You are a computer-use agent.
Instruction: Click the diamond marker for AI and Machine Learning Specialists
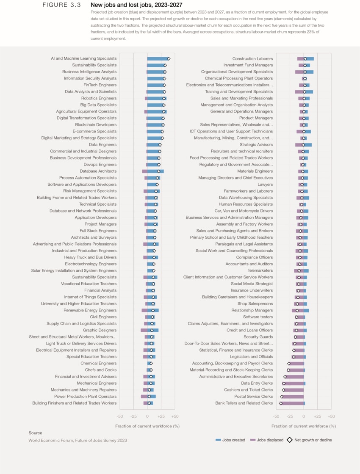169,59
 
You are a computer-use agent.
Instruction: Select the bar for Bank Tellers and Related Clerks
292,403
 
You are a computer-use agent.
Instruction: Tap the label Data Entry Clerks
257,383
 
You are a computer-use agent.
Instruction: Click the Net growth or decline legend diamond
290,440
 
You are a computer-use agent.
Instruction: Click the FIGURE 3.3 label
61,5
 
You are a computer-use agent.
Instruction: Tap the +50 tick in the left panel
175,417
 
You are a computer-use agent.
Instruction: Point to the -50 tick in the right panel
276,417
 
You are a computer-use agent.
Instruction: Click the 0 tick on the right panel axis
304,417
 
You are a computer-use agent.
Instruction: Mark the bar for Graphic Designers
150,330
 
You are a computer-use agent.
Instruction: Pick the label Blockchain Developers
96,125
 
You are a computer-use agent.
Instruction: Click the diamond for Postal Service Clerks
282,397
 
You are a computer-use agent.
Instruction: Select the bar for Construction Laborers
305,59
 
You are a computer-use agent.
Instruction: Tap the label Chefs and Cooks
100,370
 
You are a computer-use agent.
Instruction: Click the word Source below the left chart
35,433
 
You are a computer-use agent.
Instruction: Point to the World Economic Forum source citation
78,440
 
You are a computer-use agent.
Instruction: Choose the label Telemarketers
260,270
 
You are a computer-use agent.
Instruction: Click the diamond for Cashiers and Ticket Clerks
283,390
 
